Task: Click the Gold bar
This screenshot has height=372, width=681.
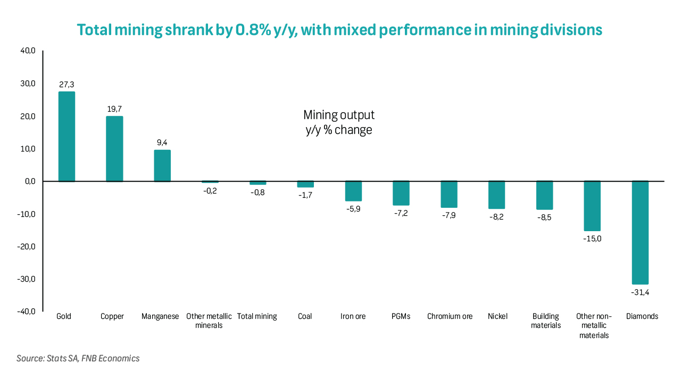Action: [x=67, y=137]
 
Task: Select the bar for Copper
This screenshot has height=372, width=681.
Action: [x=114, y=149]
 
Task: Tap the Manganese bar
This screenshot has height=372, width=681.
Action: [x=162, y=166]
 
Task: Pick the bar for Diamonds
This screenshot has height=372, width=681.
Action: [x=640, y=232]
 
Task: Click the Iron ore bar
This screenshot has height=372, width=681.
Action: [x=353, y=191]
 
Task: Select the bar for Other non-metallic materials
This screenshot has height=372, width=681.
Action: [x=592, y=206]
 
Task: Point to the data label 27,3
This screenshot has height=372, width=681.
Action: [x=67, y=84]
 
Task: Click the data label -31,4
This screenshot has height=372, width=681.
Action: [x=640, y=292]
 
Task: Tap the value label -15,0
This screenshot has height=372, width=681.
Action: [x=592, y=239]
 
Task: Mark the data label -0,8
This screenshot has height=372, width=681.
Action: [x=258, y=192]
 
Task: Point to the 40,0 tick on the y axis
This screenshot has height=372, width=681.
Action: [x=27, y=51]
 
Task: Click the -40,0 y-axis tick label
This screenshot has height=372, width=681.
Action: [x=26, y=312]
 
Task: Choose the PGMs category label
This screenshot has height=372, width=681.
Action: [x=401, y=316]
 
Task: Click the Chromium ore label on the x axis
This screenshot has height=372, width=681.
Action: [x=450, y=316]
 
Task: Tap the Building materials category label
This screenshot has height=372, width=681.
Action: [x=545, y=320]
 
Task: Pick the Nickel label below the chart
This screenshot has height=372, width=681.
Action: [x=497, y=316]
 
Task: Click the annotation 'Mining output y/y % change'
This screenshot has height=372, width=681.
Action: [x=339, y=122]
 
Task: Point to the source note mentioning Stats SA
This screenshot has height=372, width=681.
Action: [x=78, y=358]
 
